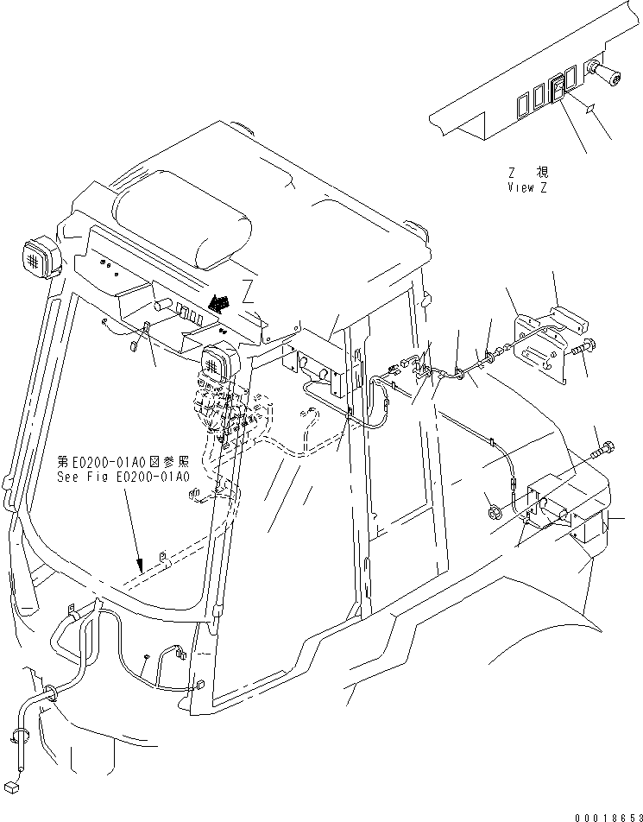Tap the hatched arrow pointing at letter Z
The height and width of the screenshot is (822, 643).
pyautogui.click(x=219, y=301)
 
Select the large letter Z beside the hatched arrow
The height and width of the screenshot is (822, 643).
pyautogui.click(x=249, y=290)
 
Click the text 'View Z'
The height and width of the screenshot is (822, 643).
pyautogui.click(x=527, y=187)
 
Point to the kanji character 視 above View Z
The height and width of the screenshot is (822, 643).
pyautogui.click(x=541, y=172)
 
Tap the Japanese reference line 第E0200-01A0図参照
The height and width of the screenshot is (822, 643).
pyautogui.click(x=123, y=461)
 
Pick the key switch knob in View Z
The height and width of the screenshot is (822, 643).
pyautogui.click(x=605, y=73)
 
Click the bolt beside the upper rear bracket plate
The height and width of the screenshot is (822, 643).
pyautogui.click(x=578, y=351)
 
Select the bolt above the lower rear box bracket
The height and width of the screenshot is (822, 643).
pyautogui.click(x=603, y=450)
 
